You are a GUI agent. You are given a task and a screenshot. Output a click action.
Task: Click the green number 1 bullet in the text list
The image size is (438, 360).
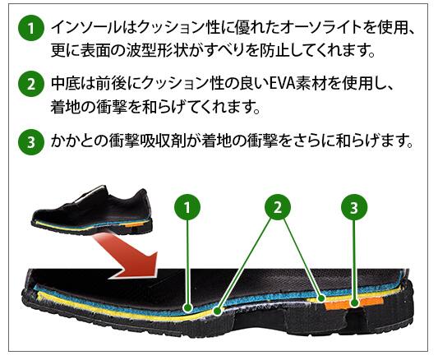pyautogui.click(x=31, y=28)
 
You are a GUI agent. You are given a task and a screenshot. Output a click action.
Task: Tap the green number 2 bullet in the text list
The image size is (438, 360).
pyautogui.click(x=31, y=84)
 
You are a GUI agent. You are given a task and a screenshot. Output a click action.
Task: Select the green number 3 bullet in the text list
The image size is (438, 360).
pyautogui.click(x=31, y=142)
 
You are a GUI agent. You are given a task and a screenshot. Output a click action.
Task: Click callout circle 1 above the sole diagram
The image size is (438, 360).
pyautogui.click(x=187, y=207)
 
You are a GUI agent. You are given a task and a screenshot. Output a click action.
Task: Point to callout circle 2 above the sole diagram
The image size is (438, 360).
pyautogui.click(x=278, y=207)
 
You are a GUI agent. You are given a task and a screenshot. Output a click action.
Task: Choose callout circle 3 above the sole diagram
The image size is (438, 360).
pyautogui.click(x=354, y=207)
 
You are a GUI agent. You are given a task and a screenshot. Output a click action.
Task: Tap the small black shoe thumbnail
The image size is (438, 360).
pyautogui.click(x=92, y=210)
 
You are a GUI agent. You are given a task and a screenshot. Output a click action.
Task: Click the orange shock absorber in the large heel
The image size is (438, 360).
pyautogui.click(x=353, y=303)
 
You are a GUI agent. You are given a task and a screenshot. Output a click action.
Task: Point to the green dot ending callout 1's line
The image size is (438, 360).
pyautogui.click(x=187, y=308)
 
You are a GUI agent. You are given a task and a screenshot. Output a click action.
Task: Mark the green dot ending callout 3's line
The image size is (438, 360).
pyautogui.click(x=354, y=302)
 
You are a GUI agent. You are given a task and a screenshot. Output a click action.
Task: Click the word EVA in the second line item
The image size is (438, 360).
pyautogui.click(x=281, y=84)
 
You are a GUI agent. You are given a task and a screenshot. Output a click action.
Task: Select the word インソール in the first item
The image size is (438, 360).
pyautogui.click(x=86, y=28)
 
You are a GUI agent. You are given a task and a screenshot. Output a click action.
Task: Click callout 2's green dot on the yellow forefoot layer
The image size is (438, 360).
pyautogui.click(x=218, y=311)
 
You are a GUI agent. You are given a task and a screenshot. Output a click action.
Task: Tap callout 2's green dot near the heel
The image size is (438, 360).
pyautogui.click(x=322, y=298)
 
